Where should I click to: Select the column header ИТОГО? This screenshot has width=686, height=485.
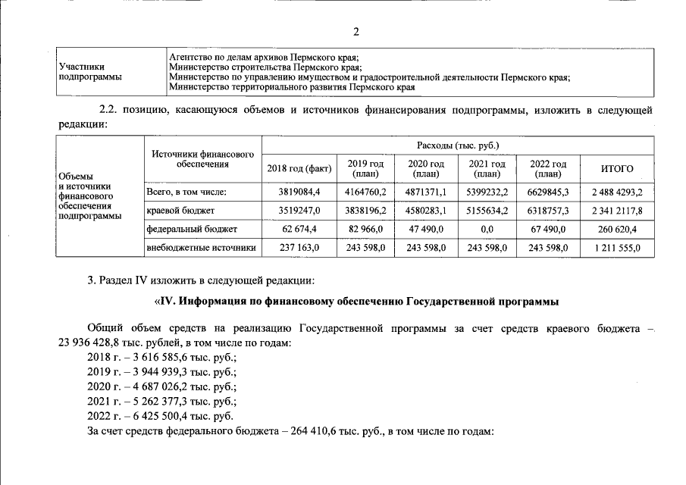click(x=616, y=169)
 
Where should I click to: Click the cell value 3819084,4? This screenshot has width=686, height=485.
click(x=301, y=192)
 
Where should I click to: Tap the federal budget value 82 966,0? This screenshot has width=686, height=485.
click(x=366, y=228)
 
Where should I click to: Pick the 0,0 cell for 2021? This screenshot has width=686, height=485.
click(x=487, y=228)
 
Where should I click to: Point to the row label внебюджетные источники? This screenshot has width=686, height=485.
click(x=201, y=247)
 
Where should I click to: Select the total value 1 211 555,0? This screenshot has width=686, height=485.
click(x=616, y=247)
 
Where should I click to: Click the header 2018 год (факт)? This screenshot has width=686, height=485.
click(x=301, y=169)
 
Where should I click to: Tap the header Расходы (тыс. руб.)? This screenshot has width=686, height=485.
click(x=458, y=145)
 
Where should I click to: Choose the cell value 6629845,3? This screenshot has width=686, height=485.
click(x=548, y=192)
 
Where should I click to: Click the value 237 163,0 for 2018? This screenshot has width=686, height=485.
click(x=301, y=247)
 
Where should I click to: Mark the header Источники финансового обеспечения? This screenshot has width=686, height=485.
click(x=202, y=158)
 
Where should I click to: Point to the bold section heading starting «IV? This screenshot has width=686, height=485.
click(x=356, y=302)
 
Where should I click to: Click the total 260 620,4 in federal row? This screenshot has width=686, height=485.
click(x=616, y=228)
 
